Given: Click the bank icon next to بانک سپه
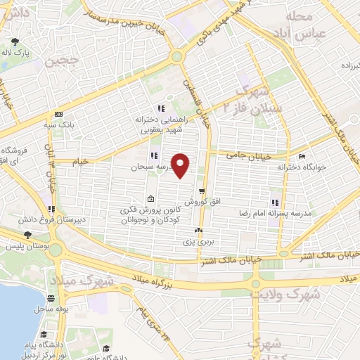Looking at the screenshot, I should point(58,115).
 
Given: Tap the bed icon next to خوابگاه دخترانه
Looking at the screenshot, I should point(302,156).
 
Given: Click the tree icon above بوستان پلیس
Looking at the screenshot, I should point(27,236).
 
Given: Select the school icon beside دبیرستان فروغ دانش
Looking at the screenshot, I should point(51,209).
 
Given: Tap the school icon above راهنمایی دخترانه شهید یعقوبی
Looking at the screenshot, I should point(160,109).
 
